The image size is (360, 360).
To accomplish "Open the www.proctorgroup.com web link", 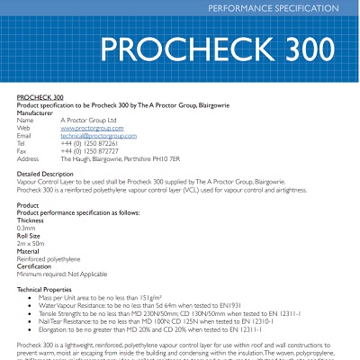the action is pos(91,128).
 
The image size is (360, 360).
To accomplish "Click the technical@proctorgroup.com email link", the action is pos(98,135).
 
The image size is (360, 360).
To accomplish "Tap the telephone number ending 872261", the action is pos(90,143).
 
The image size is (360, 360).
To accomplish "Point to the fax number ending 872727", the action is pos(90,150).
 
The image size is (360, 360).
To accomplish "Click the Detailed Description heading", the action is pos(46,173).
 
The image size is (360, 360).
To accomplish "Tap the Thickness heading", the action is pos(31,220).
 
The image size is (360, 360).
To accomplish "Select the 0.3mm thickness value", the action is pos(28,228).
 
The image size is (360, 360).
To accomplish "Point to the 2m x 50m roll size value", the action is pos(31,244).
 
